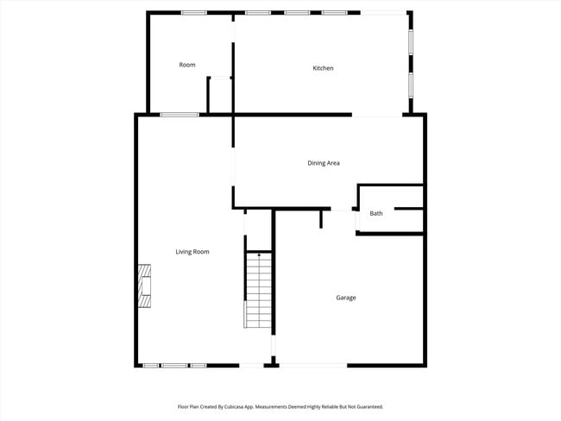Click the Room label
[187, 65]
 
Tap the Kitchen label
[323, 68]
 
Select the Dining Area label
[323, 162]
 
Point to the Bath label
[376, 213]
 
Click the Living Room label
[192, 252]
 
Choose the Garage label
[346, 298]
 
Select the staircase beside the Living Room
[258, 291]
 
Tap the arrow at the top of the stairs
[260, 256]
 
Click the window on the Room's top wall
[193, 12]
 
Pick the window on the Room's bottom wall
[180, 115]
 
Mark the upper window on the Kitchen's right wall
[411, 42]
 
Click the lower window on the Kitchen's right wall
[411, 84]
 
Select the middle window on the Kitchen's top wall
[297, 12]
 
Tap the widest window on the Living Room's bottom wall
[174, 366]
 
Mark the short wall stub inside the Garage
[320, 218]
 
